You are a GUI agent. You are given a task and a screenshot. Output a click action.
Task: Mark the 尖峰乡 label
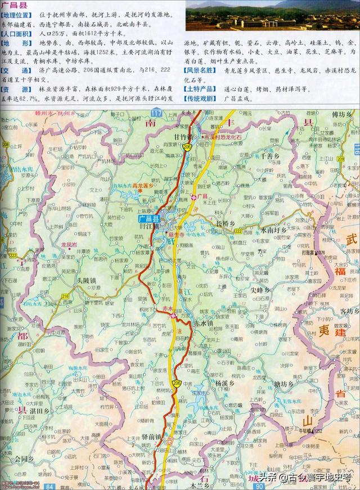click(260, 290)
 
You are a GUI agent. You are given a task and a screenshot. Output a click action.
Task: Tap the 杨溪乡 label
click(219, 382)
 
